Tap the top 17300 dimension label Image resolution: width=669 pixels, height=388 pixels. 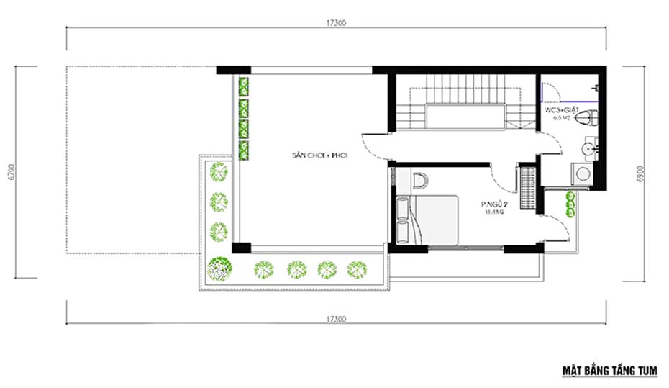[336, 23]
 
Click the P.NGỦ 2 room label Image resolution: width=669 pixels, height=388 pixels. [494, 204]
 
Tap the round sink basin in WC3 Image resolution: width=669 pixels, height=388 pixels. [588, 149]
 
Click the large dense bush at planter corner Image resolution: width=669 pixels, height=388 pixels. [218, 268]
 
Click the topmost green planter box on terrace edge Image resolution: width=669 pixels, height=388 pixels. [245, 86]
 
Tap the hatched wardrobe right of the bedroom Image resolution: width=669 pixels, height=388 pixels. [528, 189]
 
